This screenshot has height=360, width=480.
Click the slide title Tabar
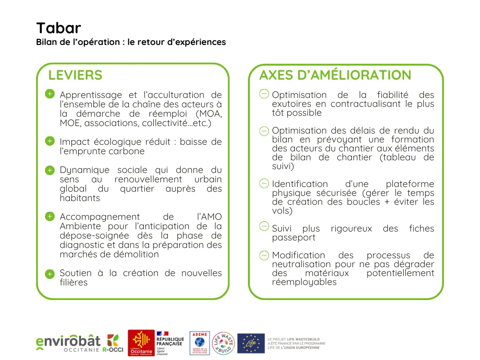58,28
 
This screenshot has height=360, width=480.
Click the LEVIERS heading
75,75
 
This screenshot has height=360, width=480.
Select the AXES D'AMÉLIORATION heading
335,75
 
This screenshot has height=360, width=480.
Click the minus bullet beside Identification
264,183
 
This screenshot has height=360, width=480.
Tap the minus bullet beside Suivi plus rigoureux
264,227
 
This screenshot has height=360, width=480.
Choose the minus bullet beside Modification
264,255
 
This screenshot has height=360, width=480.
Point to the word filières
74,283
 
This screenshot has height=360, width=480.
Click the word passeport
293,238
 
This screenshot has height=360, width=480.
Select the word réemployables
304,282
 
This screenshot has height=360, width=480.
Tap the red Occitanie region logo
141,343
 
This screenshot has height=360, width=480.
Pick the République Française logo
170,343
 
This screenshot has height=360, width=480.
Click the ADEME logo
200,343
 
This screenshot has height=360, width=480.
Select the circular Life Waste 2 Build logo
224,343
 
